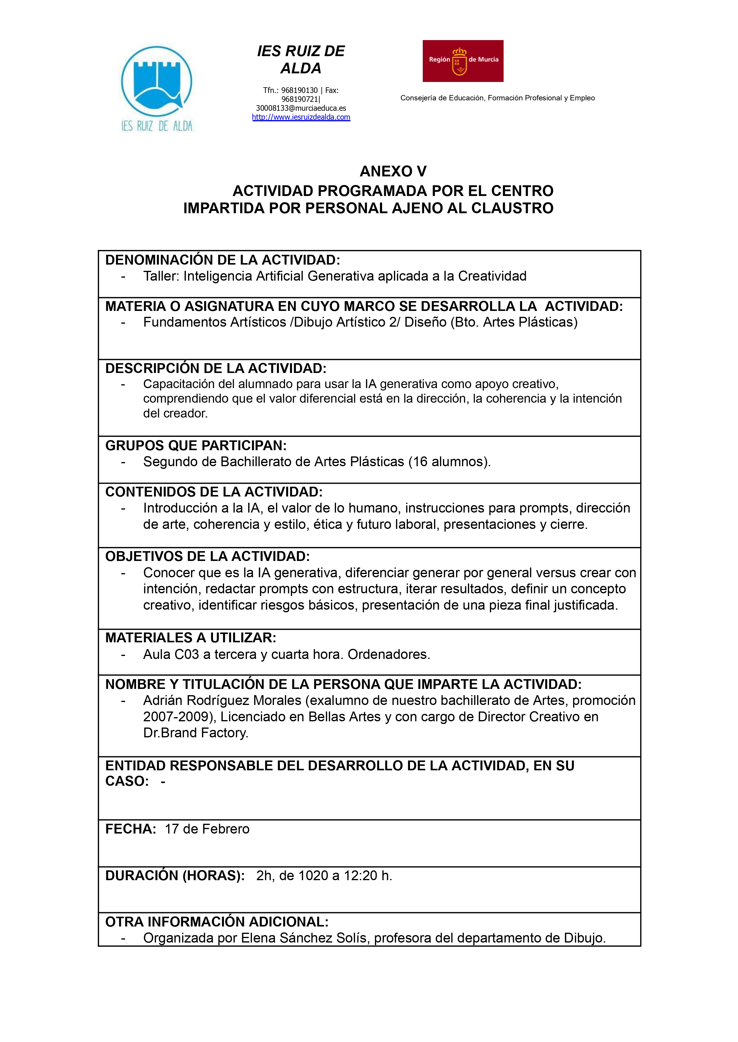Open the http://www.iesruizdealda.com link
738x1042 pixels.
(x=301, y=117)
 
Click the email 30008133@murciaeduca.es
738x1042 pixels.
(x=301, y=108)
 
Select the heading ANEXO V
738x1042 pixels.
(x=393, y=171)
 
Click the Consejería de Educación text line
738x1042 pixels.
(x=497, y=98)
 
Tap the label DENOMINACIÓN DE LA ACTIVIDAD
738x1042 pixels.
(x=223, y=260)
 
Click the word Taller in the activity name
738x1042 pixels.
(x=161, y=276)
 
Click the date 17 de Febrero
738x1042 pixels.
(x=207, y=829)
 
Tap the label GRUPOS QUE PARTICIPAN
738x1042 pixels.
(x=196, y=446)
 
